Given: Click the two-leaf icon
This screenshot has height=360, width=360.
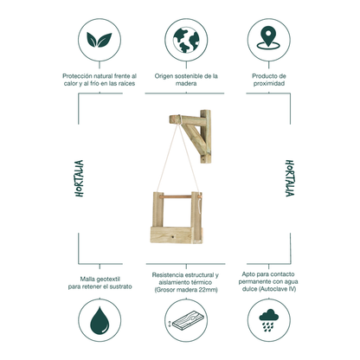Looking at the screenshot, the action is [x=100, y=40].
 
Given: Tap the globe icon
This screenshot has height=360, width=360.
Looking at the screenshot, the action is [x=186, y=40].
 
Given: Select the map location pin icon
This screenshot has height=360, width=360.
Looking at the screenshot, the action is [x=268, y=37].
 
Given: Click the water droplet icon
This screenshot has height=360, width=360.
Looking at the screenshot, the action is [x=100, y=320].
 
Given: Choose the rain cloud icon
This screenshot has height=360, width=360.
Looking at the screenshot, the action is [x=268, y=320].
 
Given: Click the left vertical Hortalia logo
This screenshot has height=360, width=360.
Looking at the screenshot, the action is [x=79, y=178].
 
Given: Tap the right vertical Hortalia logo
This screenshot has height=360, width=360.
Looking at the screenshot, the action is [x=290, y=178].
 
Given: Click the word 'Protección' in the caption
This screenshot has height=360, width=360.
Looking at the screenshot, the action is [x=77, y=76].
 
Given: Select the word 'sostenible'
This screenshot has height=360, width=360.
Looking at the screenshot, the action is [x=190, y=76].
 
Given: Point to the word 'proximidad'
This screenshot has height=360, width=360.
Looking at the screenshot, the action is [x=269, y=84].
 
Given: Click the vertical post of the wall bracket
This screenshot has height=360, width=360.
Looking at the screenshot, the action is [x=206, y=137].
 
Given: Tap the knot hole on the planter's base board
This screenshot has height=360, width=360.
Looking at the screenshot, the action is [x=172, y=237].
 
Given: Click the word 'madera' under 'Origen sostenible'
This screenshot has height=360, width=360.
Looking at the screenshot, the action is [x=186, y=84].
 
